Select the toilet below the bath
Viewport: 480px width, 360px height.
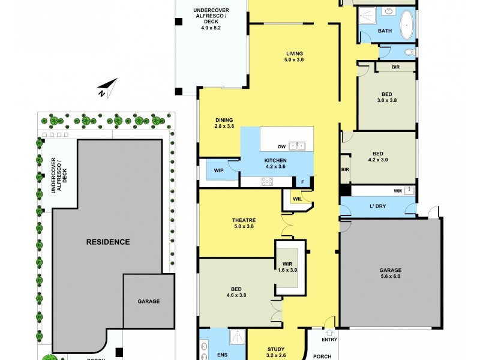410,52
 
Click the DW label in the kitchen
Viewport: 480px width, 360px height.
281,146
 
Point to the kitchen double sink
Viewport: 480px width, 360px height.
297,145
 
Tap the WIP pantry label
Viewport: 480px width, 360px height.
218,170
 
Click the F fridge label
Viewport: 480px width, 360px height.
303,181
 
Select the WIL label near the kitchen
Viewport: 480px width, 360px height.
297,199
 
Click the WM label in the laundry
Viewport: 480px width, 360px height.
397,191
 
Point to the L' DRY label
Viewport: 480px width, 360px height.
377,206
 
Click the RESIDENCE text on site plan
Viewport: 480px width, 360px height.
108,242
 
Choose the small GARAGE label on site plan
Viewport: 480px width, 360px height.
148,301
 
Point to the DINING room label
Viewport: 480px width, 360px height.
223,120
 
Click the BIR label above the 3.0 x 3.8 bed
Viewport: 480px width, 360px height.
395,67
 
